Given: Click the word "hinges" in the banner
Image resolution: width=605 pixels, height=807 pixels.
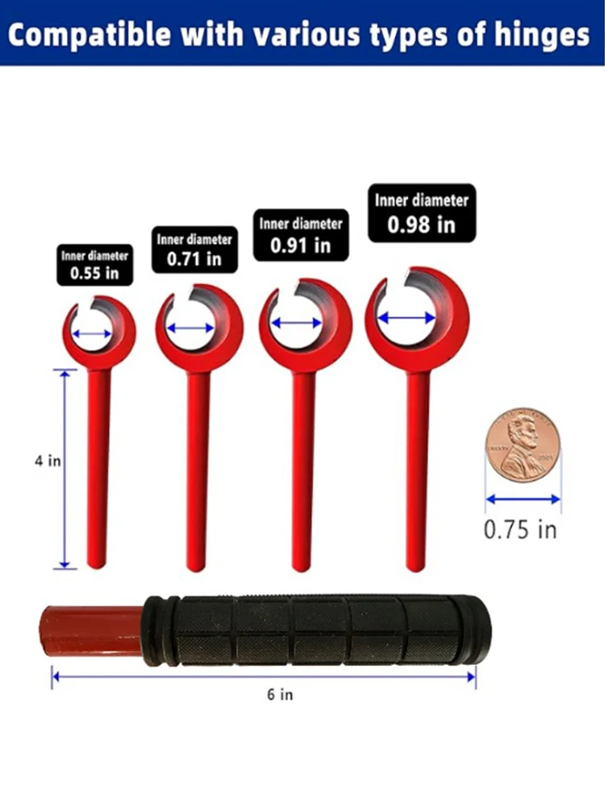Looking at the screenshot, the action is pos(542,36).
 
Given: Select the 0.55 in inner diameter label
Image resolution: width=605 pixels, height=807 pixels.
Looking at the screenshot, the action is pos(94,265).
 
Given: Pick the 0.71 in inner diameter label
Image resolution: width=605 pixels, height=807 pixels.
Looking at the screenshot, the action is pos(194,249).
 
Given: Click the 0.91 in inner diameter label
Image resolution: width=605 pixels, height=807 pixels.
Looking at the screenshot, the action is pos(301,235).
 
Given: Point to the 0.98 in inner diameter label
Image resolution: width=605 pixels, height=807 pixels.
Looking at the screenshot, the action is pos(421,212).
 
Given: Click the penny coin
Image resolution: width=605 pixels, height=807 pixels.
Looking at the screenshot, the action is pos(520,445).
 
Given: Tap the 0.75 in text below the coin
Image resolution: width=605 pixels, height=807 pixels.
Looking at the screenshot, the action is pos(520,529).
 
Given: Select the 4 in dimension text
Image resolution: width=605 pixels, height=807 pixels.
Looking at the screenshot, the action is pos(48,461).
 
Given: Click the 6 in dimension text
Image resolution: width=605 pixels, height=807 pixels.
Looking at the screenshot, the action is pos(280,695).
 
